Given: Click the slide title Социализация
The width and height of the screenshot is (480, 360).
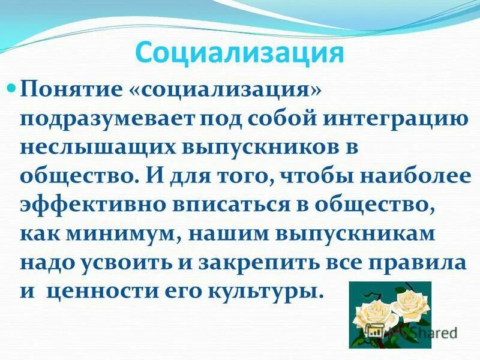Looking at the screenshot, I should point(239,53).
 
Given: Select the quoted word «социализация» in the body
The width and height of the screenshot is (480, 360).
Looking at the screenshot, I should point(224,89).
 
